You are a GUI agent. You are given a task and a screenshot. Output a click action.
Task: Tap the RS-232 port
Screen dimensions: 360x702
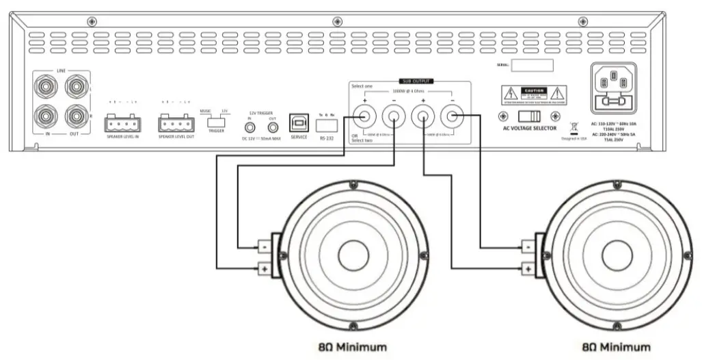(x=327, y=125)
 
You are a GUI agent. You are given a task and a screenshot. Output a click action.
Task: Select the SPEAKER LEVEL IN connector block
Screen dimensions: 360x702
(x=122, y=124)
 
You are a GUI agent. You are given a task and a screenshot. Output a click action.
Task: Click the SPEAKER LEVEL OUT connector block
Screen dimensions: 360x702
(x=176, y=124)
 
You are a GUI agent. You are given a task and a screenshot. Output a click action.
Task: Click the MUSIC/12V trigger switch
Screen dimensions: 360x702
(x=217, y=119)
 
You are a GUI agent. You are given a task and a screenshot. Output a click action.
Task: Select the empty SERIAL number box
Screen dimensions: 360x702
(x=532, y=66)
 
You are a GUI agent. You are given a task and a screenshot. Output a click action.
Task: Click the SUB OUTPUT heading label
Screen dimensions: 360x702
(x=416, y=81)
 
